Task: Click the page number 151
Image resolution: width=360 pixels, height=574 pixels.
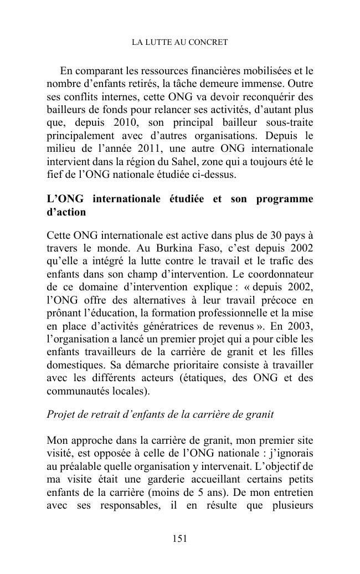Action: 179,539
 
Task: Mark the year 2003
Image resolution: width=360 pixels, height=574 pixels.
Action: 300,327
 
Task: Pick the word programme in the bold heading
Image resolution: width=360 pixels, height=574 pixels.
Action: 285,199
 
